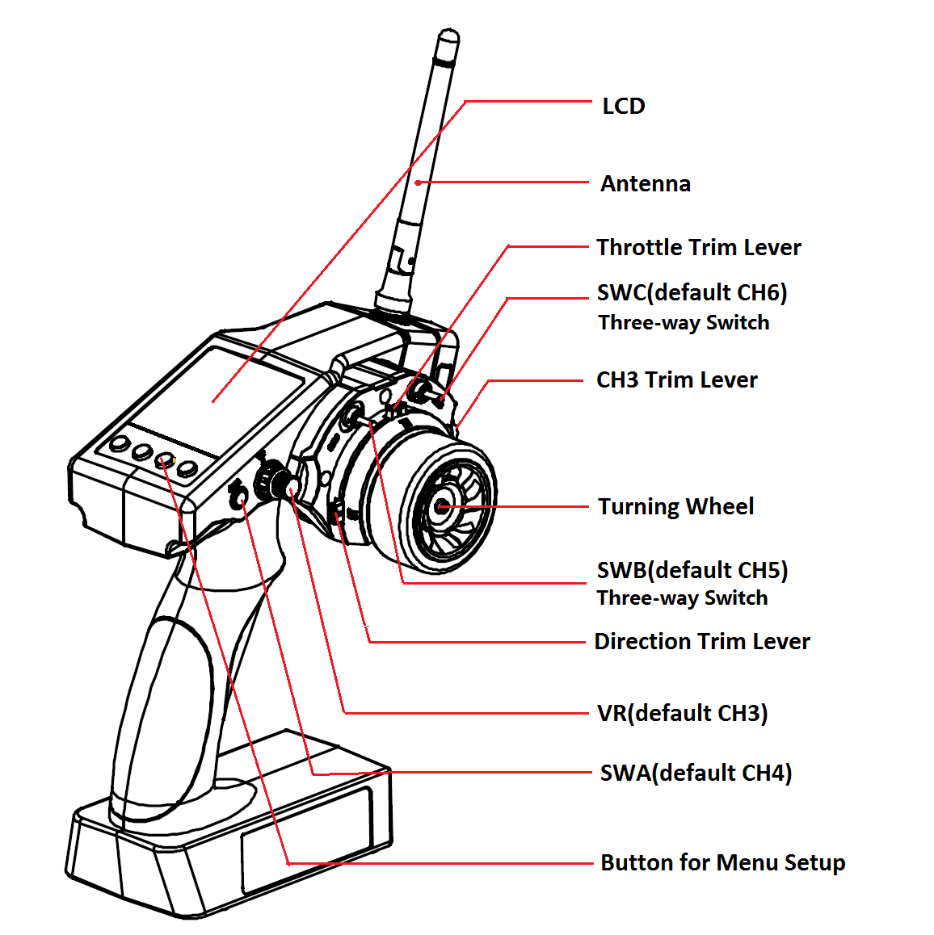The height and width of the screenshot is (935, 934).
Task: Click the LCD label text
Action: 623,106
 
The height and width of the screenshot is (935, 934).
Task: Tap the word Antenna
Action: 645,184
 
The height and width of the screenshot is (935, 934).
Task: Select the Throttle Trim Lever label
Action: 698,247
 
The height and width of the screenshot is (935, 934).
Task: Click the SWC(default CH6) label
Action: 692,292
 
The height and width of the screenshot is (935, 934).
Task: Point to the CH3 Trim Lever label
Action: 676,379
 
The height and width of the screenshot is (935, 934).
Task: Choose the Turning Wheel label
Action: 675,506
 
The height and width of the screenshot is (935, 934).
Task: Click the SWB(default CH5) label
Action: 692,570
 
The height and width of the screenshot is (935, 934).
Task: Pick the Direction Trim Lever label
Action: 701,641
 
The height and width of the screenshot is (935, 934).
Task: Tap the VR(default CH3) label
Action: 682,713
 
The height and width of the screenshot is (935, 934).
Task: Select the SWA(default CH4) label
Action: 696,773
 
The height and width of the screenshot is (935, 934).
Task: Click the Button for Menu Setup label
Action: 722,862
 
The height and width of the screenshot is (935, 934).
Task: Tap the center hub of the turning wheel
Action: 442,507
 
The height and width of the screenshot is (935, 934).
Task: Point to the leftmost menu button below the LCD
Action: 120,443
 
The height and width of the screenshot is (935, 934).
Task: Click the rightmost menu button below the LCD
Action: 187,468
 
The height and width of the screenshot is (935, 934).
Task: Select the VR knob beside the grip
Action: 270,482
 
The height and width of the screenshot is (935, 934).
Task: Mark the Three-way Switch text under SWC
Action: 684,323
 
